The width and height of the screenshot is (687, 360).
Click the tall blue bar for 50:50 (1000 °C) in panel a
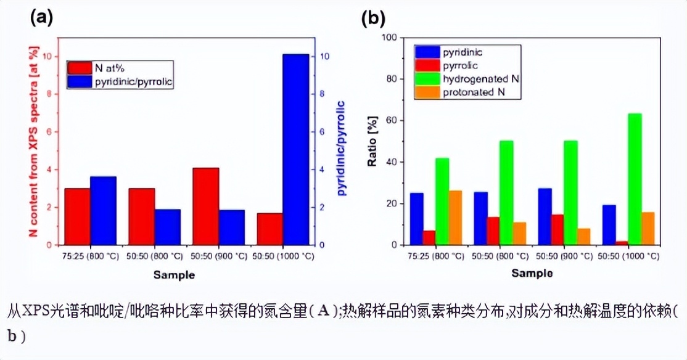click(295, 149)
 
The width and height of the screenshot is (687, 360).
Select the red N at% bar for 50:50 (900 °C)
click(206, 206)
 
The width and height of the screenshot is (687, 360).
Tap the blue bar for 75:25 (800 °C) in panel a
click(103, 210)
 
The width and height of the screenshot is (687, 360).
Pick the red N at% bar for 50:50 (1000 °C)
click(270, 229)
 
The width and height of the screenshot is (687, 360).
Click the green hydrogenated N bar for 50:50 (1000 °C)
click(633, 179)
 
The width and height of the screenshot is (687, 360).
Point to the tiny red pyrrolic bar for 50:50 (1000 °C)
click(621, 243)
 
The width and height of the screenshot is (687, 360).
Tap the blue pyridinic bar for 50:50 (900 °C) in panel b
click(545, 216)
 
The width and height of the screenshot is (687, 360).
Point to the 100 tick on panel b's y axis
click(393, 38)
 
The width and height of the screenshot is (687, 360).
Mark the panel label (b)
click(372, 18)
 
